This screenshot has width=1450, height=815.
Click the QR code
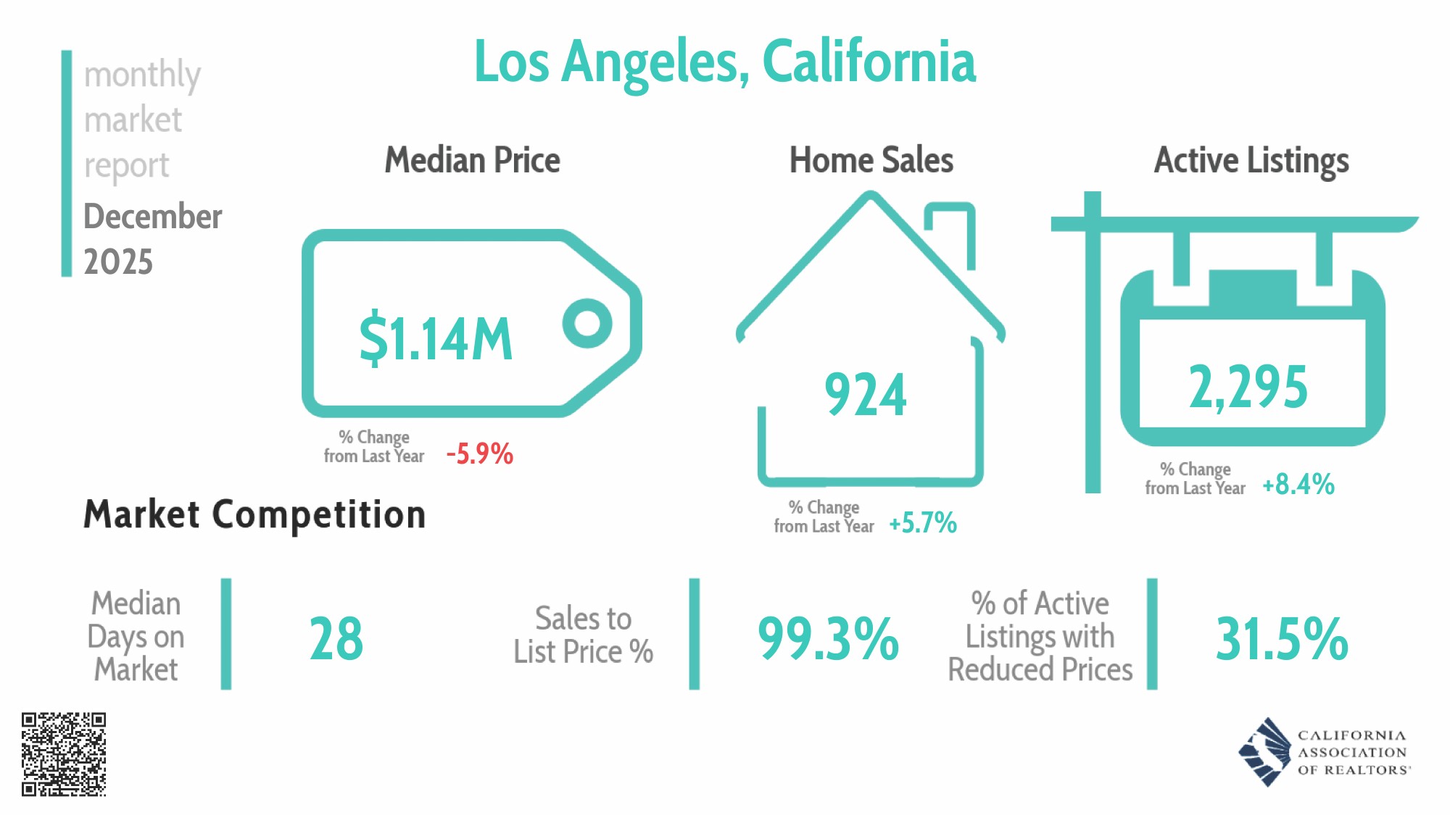[64, 754]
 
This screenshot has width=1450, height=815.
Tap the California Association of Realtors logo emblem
[1266, 752]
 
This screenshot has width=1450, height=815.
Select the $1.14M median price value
[436, 338]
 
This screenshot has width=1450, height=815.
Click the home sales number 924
[866, 395]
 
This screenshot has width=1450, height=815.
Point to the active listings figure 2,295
[1248, 387]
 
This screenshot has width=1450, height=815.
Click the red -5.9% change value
[480, 454]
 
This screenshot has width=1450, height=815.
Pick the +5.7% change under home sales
[923, 522]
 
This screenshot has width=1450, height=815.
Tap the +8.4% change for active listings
[1298, 484]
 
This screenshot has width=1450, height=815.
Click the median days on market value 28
[336, 638]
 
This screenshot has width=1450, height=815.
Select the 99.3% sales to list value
[828, 638]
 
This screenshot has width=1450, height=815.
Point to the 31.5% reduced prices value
[1282, 638]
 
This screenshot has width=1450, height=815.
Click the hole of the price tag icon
[587, 323]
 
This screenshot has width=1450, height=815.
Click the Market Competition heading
[254, 514]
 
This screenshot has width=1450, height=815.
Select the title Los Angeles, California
[724, 62]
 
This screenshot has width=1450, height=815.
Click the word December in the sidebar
[153, 216]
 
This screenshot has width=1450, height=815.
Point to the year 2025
[118, 262]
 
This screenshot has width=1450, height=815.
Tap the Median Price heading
[472, 160]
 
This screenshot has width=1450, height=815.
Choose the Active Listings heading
[1251, 160]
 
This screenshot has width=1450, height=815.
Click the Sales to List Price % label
[583, 635]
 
